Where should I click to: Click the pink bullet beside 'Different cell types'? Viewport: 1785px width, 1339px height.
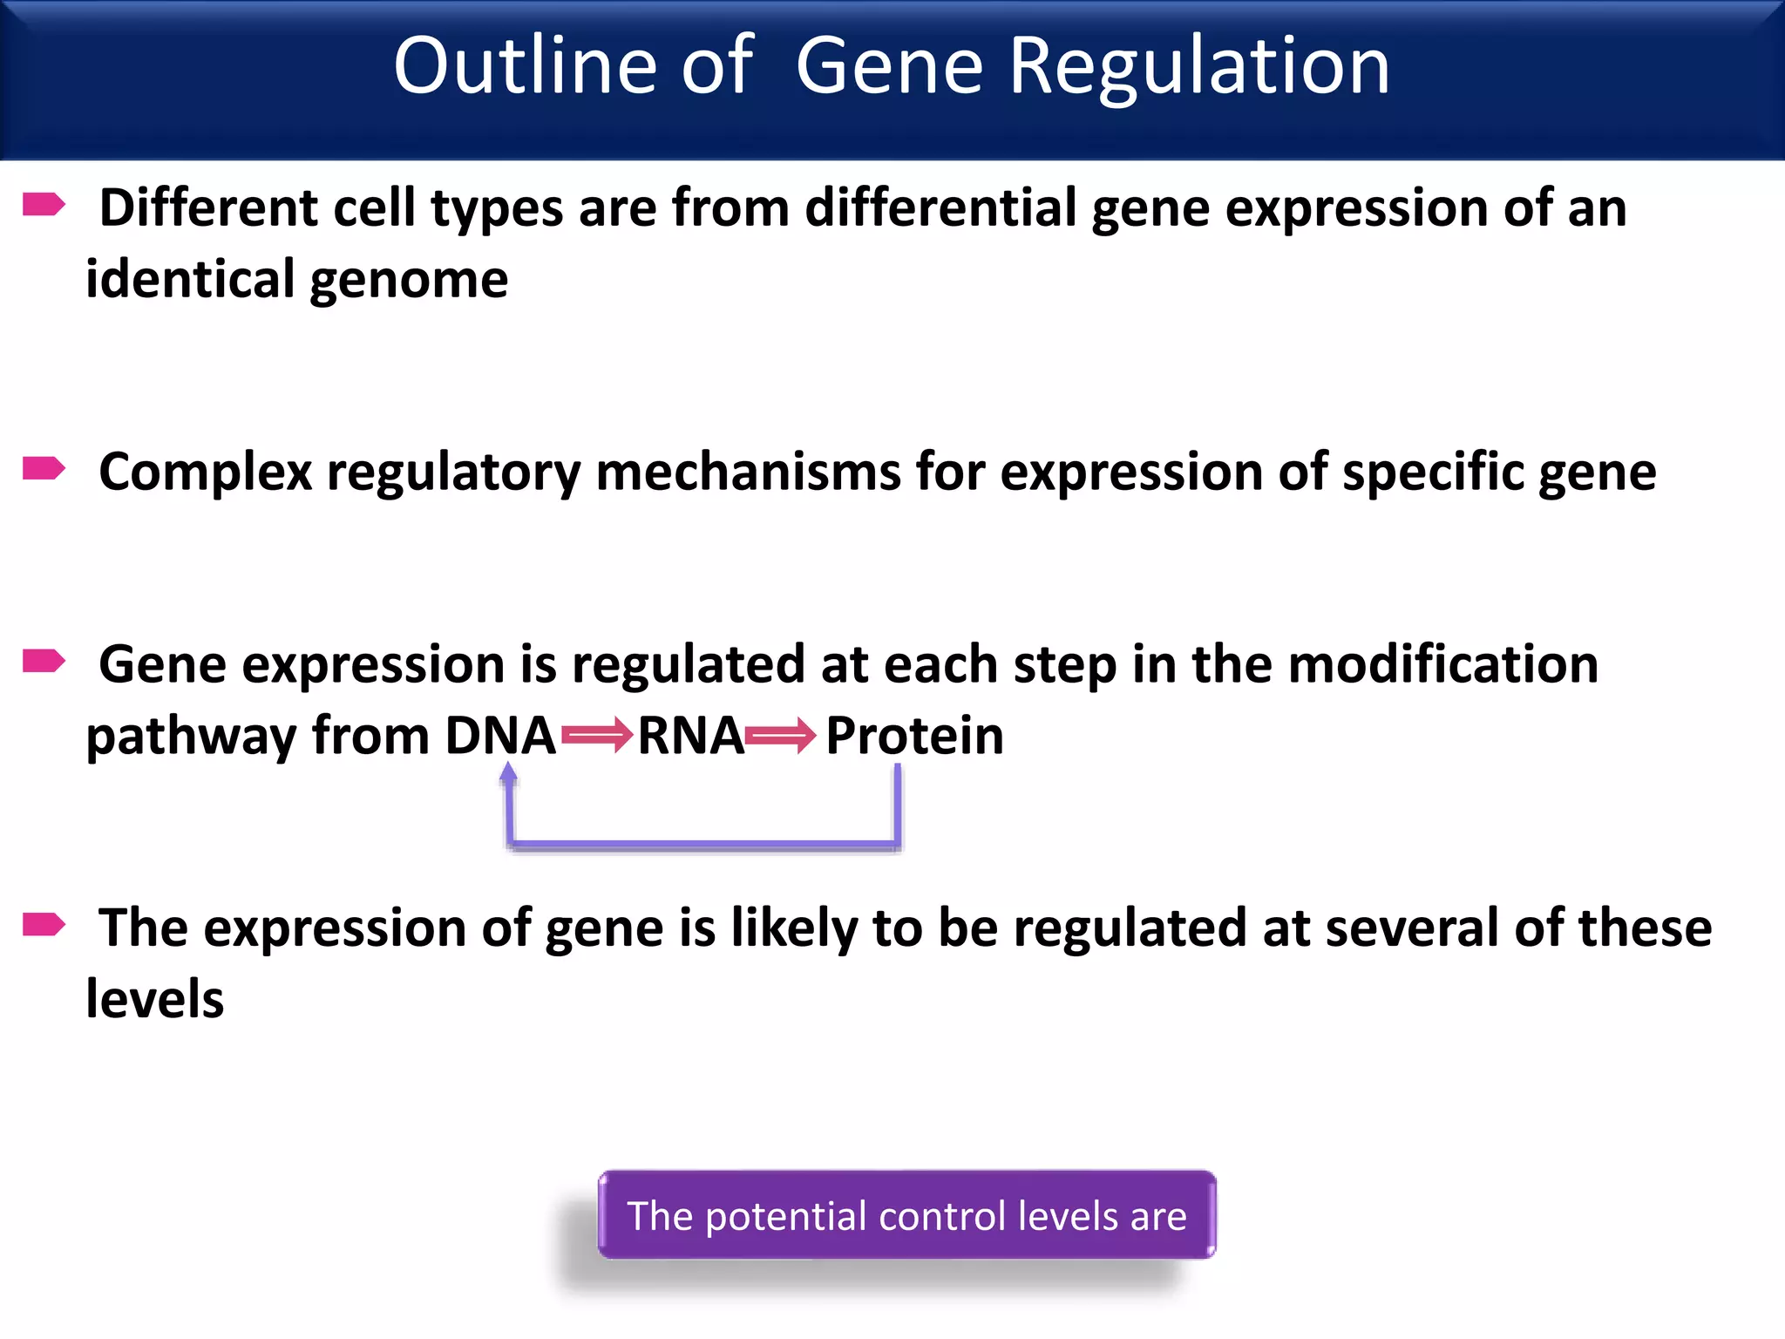coord(44,205)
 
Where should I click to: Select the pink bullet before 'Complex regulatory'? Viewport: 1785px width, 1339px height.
coord(44,469)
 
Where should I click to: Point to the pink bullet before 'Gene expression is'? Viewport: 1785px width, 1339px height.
coord(44,662)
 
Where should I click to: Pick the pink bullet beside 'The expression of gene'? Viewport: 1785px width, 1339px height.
coord(44,924)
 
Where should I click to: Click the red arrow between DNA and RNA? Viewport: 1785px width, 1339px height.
coord(597,737)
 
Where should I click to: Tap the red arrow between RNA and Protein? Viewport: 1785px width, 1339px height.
coord(781,737)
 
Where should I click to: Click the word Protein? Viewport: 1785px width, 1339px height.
coord(914,735)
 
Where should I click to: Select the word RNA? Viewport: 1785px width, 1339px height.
coord(690,735)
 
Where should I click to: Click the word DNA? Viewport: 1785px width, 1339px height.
coord(500,735)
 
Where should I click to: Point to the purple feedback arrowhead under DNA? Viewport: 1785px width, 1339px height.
coord(509,772)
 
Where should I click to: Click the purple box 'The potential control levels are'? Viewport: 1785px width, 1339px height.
coord(906,1215)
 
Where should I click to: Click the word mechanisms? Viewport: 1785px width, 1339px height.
coord(748,472)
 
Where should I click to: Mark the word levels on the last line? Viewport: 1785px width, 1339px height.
coord(155,999)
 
